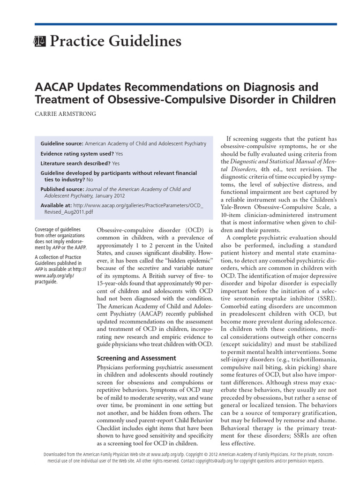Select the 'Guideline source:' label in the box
[x=62, y=143]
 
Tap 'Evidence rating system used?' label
[x=77, y=153]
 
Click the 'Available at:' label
[x=55, y=205]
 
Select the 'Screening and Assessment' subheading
[x=129, y=358]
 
